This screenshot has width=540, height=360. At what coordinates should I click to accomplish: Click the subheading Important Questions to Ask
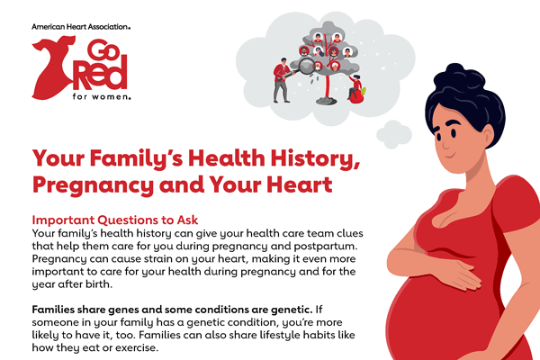click(116, 220)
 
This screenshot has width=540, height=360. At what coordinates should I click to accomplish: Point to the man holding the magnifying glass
click(283, 79)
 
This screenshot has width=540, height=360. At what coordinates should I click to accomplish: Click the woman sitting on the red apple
click(359, 87)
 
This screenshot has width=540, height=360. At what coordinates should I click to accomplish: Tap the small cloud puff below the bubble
click(392, 133)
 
